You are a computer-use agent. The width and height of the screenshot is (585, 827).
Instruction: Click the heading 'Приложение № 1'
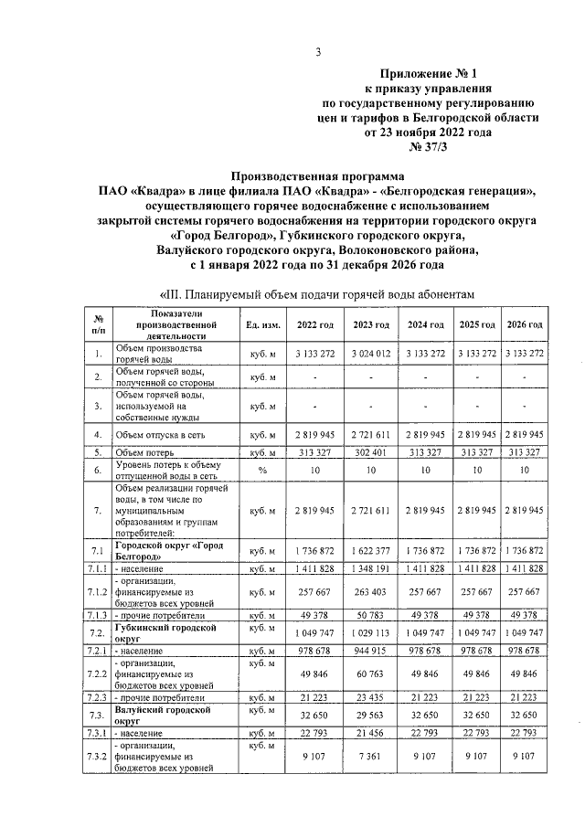[x=427, y=72]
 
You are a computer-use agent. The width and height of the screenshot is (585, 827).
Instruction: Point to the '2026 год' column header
[x=525, y=325]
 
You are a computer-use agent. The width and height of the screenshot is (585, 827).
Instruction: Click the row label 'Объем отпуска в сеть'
[x=165, y=434]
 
